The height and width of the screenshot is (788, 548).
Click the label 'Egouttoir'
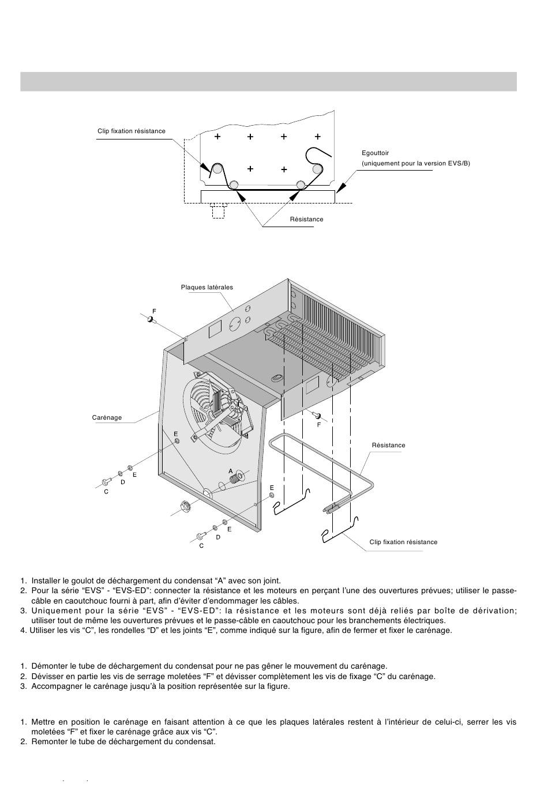tap(376, 153)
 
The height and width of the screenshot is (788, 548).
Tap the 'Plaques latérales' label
tap(207, 287)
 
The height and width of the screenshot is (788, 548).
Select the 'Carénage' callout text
tap(107, 417)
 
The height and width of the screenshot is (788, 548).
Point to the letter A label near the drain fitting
tap(231, 471)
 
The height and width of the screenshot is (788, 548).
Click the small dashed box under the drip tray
tap(218, 211)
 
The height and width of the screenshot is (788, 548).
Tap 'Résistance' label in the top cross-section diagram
tap(306, 219)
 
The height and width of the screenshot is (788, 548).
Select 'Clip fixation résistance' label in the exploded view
tap(403, 542)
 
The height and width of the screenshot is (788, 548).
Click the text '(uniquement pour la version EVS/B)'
tap(416, 164)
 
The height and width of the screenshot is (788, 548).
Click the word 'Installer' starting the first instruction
tap(46, 581)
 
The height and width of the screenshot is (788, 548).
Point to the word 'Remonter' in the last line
tap(47, 741)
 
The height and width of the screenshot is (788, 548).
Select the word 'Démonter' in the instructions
tap(47, 666)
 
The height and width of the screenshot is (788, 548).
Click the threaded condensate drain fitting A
tap(236, 480)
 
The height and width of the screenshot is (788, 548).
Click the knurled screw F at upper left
tap(152, 320)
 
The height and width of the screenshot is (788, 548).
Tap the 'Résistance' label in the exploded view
tap(388, 445)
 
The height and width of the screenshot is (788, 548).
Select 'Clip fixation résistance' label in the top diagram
tap(131, 131)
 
